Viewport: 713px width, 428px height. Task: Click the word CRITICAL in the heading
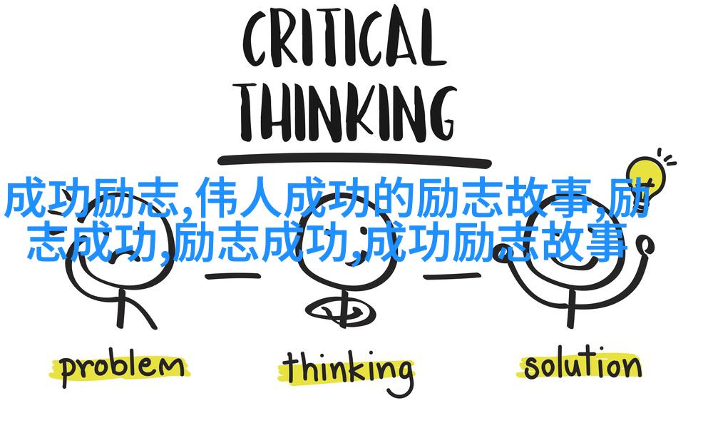coord(344,41)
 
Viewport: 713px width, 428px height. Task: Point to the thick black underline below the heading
coord(354,160)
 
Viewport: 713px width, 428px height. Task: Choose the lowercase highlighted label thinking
coord(349,371)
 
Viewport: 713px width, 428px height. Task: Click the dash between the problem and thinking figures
coord(232,275)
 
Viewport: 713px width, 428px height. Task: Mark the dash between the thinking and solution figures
coord(452,275)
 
